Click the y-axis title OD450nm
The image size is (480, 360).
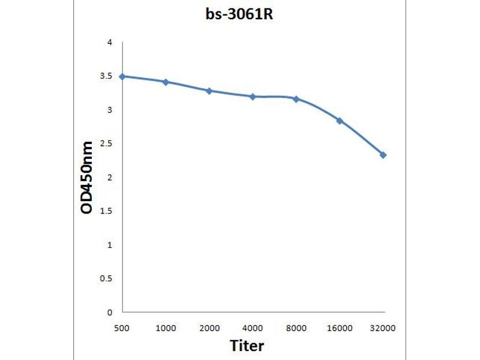(x=88, y=178)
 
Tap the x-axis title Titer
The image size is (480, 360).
(x=247, y=346)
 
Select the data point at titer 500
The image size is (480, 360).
(x=122, y=76)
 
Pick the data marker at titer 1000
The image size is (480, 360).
(x=166, y=82)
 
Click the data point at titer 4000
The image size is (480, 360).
(x=253, y=96)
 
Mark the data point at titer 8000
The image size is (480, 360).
(x=296, y=98)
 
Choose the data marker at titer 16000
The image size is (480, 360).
(x=340, y=121)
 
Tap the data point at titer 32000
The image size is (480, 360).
(x=383, y=155)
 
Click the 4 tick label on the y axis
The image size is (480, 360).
(x=110, y=43)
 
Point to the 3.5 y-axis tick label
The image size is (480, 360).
(x=107, y=76)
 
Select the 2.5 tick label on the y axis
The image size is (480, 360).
(x=107, y=143)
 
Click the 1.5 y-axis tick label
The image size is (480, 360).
(x=107, y=211)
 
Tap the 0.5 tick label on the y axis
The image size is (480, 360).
(x=107, y=278)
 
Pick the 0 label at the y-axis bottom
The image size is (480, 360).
(x=110, y=312)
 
